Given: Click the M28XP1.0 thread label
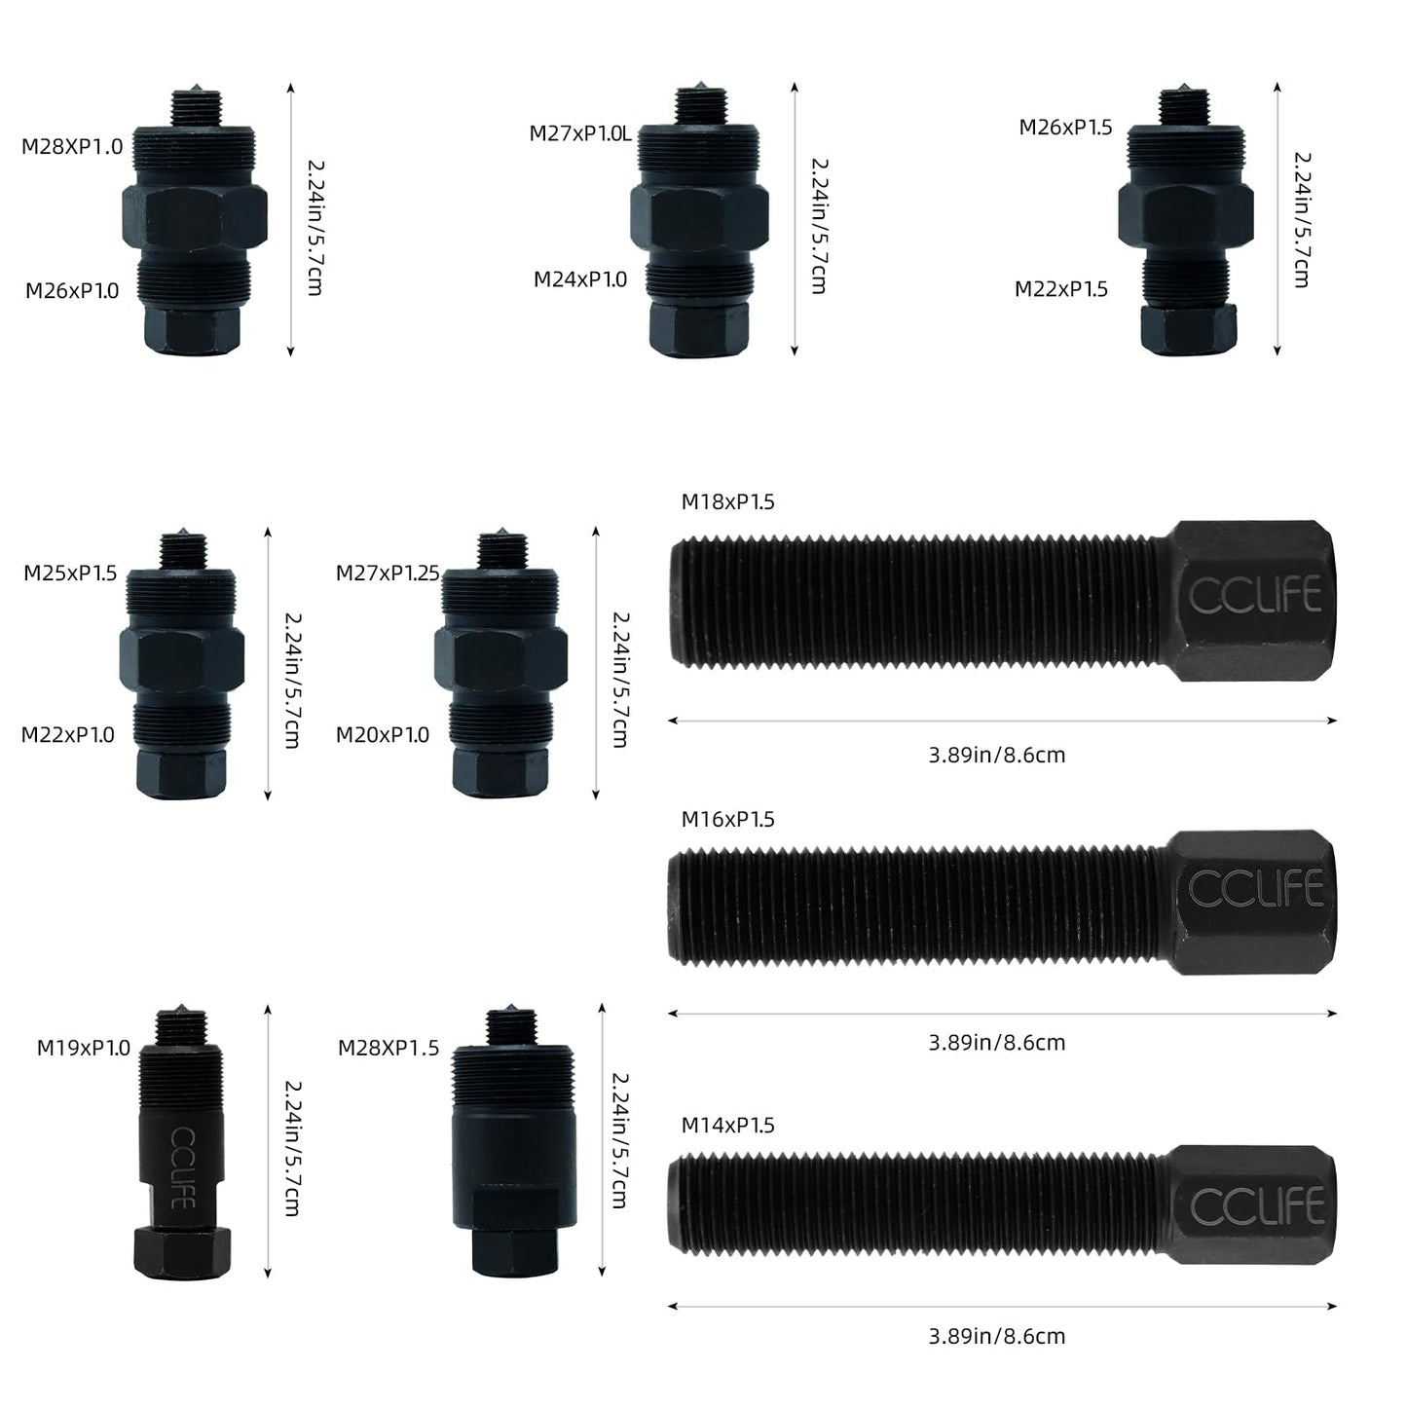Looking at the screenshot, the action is pyautogui.click(x=72, y=147).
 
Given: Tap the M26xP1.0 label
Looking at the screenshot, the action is pyautogui.click(x=72, y=290).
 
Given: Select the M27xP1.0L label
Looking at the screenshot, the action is pyautogui.click(x=580, y=133).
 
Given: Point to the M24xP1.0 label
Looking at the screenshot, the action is pyautogui.click(x=580, y=278).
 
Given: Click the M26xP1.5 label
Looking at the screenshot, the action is pyautogui.click(x=1065, y=127).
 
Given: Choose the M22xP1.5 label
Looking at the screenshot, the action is pyautogui.click(x=1061, y=289).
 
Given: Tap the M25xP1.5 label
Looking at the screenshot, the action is pyautogui.click(x=70, y=574).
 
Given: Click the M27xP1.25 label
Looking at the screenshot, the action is pyautogui.click(x=388, y=574).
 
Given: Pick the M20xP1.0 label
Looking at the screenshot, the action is pyautogui.click(x=383, y=734).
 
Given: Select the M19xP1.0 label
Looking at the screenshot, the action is pyautogui.click(x=83, y=1048).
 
